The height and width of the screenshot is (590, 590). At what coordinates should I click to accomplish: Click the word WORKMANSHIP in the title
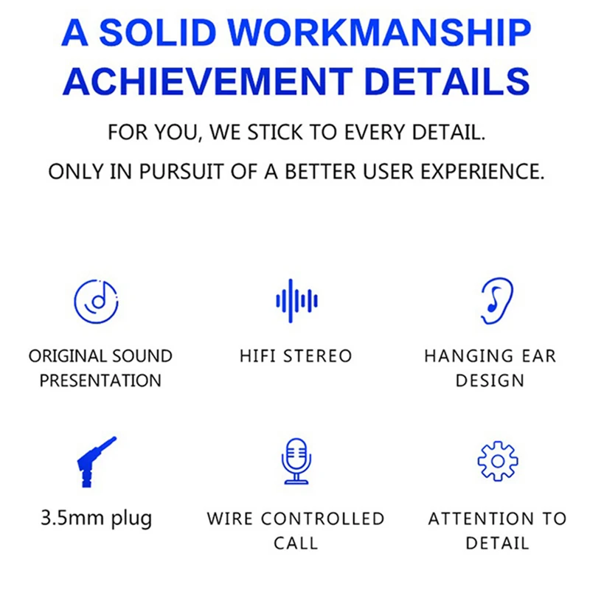pos(379,32)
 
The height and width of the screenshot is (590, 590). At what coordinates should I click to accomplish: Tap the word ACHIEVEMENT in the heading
pos(208,81)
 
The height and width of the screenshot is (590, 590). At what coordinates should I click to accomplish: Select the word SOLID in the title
pos(158,32)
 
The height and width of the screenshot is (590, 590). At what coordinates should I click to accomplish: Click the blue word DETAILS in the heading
pos(448,81)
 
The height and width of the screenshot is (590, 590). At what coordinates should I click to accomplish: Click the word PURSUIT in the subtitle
pos(181,172)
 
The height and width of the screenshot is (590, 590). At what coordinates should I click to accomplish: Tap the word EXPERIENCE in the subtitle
pos(482,172)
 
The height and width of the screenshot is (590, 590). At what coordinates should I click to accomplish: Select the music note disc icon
pos(97,302)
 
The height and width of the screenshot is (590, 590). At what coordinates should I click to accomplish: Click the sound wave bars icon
pos(296,301)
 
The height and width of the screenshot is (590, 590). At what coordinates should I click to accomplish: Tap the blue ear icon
pos(497,301)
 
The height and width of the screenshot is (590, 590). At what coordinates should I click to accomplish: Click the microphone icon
pos(296,462)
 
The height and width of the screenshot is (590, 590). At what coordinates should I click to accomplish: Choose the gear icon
pos(498,462)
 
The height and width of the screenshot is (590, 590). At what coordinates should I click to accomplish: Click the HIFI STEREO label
pos(296,356)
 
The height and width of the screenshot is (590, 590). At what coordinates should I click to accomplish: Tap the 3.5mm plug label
pos(97,518)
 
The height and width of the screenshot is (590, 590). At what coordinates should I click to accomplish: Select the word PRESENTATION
pos(100,381)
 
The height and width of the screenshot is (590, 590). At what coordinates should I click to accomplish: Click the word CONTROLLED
pos(322,519)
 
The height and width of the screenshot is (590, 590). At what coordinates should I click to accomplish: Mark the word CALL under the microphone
pos(296,544)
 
